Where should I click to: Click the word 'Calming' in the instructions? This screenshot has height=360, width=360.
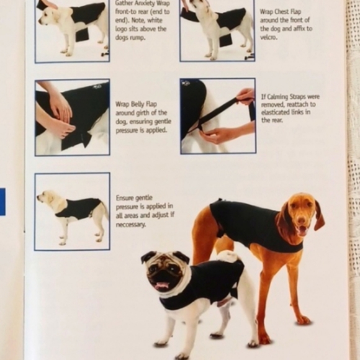pyautogui.click(x=277, y=97)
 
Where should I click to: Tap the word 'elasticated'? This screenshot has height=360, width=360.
pyautogui.click(x=276, y=112)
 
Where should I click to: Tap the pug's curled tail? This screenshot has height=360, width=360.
pyautogui.click(x=228, y=256)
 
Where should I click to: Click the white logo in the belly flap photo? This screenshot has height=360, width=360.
pyautogui.click(x=96, y=86)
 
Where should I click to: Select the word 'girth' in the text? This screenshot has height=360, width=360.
pyautogui.click(x=143, y=113)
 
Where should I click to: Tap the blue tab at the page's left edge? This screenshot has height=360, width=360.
pyautogui.click(x=2, y=202)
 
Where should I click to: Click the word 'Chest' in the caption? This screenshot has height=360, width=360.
pyautogui.click(x=281, y=12)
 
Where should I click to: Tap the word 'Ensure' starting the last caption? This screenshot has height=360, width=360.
pyautogui.click(x=124, y=198)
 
